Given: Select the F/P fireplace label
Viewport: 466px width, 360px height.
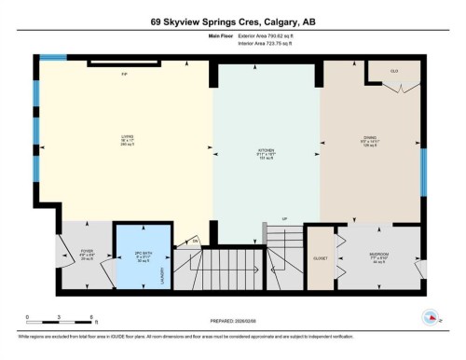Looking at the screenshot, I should (123, 73).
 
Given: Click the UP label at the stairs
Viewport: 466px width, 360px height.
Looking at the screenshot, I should (284, 221).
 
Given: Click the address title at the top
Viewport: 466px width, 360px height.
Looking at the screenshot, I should (232, 22).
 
